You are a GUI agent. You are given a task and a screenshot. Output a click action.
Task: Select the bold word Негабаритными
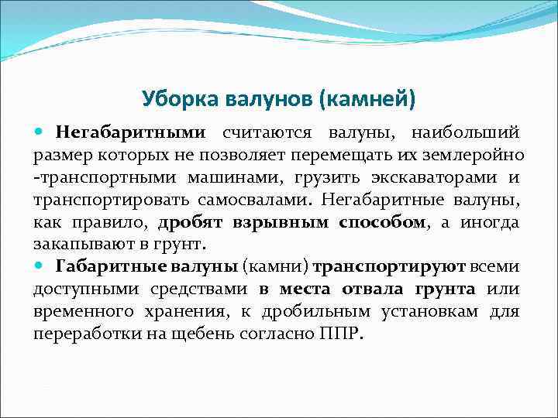131,132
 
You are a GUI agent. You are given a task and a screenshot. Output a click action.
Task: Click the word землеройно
486,155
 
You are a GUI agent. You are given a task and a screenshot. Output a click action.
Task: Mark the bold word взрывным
281,222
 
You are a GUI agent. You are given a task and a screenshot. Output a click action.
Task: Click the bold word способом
382,222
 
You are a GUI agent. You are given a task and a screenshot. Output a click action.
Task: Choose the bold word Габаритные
104,267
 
